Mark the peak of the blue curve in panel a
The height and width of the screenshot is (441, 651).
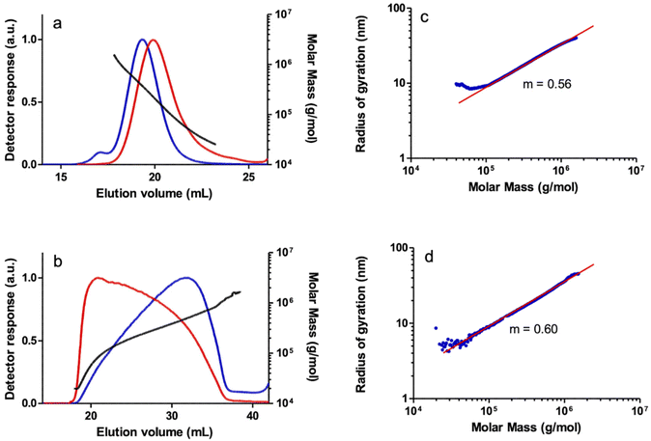click(x=142, y=40)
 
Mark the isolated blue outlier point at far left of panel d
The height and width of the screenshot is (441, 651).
click(x=436, y=328)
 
